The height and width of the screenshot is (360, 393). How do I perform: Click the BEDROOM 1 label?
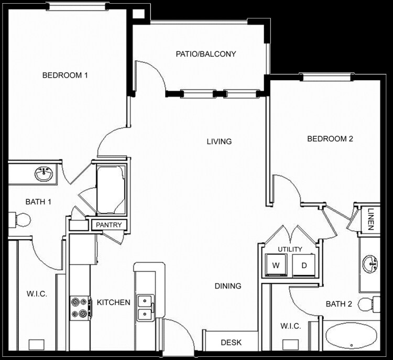click(64, 75)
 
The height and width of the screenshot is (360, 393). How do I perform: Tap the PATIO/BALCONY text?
click(205, 54)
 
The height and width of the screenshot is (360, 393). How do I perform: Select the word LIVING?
click(219, 141)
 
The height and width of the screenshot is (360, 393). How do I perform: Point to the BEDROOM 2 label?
click(330, 139)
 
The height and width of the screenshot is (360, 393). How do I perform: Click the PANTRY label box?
click(108, 225)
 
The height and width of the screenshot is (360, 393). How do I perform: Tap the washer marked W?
click(275, 265)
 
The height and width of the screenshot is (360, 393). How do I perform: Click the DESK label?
click(231, 343)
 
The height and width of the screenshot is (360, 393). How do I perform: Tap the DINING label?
click(228, 286)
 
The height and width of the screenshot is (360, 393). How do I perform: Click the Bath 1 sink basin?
click(44, 173)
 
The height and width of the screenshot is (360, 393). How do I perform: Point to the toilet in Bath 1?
click(19, 219)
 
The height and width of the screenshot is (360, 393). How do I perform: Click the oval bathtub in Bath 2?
click(352, 336)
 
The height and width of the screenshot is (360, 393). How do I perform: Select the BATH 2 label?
click(338, 304)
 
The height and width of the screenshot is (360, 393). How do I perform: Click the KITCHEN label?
click(113, 302)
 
